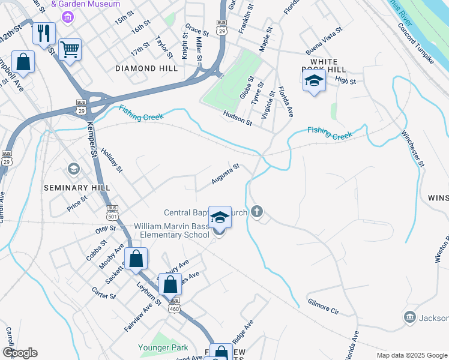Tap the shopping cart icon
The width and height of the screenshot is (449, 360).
pos(70,50)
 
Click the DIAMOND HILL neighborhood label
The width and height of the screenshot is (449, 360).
pos(146,69)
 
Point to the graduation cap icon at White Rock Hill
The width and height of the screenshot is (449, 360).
pos(313,82)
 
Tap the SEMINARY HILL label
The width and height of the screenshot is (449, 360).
pos(77,188)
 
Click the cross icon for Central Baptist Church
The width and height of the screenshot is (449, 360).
pos(257,211)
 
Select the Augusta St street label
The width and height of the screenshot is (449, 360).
pos(225,174)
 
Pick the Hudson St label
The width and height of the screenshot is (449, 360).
pos(237,118)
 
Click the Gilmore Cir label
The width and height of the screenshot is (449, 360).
pos(323,307)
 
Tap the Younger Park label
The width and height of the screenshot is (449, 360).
pos(163,347)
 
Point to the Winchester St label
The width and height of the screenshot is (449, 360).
pos(413,148)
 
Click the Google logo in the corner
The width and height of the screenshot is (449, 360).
pos(20,353)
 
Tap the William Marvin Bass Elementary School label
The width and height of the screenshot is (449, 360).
pos(172,230)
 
